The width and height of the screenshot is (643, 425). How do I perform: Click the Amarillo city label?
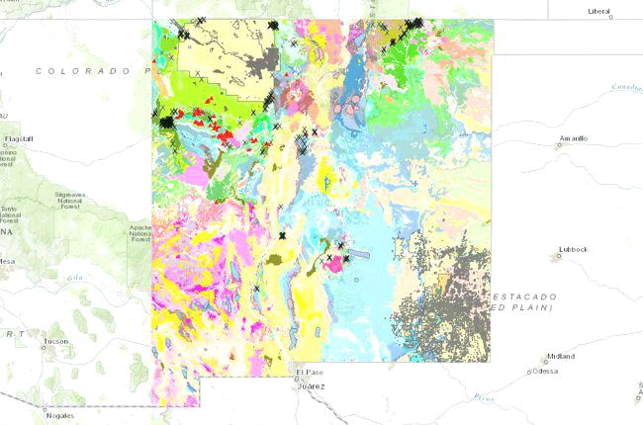point(574,138)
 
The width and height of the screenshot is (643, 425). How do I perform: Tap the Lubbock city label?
point(573,249)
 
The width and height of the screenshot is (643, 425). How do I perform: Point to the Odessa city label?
point(547,372)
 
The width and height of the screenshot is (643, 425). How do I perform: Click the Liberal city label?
point(599,12)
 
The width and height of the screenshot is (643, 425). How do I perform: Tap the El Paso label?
point(310,373)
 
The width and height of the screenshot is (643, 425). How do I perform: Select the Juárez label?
point(312,385)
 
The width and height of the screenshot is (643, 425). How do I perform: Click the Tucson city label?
point(56,342)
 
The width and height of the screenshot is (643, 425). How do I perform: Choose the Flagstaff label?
point(20,139)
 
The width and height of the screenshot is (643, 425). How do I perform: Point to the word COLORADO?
point(84,71)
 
